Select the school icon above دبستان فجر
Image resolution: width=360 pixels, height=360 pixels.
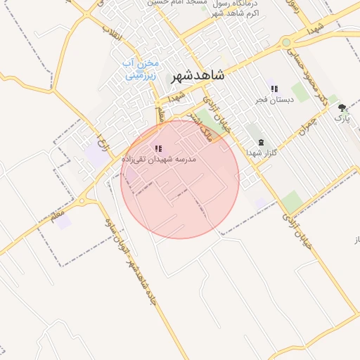[274, 89]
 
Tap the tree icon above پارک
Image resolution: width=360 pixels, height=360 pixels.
[342, 108]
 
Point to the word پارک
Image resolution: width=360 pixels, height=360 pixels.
[342, 119]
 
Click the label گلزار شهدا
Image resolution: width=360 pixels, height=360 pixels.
[262, 153]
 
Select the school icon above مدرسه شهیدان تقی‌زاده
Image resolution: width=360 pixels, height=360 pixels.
[158, 148]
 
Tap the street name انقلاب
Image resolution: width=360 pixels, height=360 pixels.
[112, 33]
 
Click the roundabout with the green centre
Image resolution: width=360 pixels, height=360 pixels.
[286, 43]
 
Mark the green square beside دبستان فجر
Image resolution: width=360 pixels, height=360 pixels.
[300, 93]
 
